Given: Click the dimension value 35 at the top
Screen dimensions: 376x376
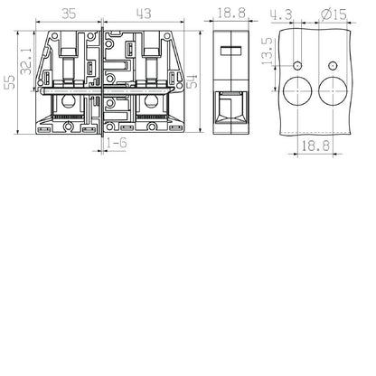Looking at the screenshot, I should click(68, 14).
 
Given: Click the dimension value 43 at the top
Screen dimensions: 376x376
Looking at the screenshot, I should click(142, 14).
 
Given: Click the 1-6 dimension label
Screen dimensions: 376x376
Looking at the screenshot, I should click(116, 144).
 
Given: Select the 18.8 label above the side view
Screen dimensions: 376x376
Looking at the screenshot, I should click(230, 14).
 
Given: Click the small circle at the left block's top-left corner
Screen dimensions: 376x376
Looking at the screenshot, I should click(56, 36).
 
